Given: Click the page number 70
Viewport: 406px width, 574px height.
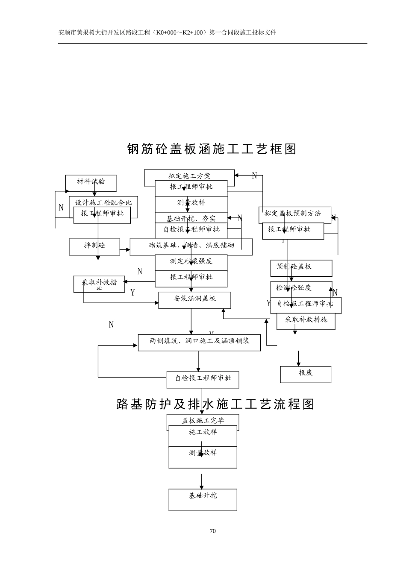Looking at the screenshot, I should [213, 531].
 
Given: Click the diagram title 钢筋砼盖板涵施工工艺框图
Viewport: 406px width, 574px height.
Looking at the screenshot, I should [212, 149].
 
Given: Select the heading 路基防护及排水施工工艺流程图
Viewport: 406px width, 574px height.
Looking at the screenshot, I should [215, 404].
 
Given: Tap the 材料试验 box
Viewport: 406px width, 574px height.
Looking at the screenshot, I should [91, 182].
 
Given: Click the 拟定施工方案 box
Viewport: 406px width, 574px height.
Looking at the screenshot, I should [189, 176].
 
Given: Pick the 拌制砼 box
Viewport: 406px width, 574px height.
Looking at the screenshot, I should [94, 246].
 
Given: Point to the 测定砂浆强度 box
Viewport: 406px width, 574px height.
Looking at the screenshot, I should [191, 261].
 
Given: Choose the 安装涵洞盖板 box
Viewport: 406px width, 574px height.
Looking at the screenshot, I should [194, 299].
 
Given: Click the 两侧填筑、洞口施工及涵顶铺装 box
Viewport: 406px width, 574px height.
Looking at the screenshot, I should [199, 342].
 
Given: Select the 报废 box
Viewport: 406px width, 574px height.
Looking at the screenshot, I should [306, 374].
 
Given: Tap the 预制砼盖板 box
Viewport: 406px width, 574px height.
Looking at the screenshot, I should [301, 268].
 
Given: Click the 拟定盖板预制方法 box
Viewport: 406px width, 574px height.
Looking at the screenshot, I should [294, 214].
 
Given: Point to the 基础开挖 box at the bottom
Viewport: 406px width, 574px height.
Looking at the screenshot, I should [203, 499].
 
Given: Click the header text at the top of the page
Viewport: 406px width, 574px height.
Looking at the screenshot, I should [167, 32].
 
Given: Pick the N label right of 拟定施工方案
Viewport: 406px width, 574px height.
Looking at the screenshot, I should [255, 176].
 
